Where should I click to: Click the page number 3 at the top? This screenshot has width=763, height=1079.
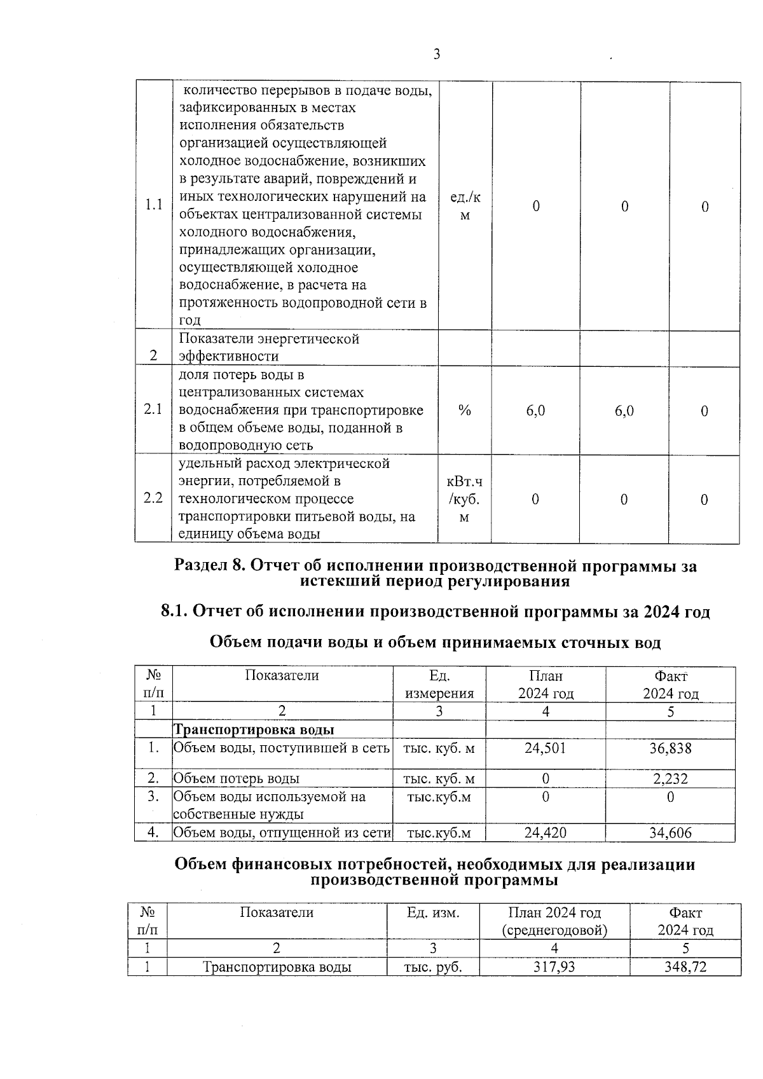[x=437, y=55]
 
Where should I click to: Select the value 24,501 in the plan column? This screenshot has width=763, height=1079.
[x=545, y=748]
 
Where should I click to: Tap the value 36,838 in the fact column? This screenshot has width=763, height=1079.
[x=670, y=748]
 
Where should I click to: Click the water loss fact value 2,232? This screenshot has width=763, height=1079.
[x=670, y=779]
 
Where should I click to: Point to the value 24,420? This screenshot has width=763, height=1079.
[x=545, y=832]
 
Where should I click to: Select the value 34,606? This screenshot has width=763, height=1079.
[x=670, y=832]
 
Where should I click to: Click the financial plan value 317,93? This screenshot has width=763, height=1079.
[x=554, y=967]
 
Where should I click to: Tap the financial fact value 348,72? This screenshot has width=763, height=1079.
[x=685, y=967]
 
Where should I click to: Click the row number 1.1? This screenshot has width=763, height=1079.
[x=153, y=205]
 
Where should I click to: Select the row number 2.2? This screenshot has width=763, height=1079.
[x=153, y=498]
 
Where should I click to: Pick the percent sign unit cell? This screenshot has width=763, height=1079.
[x=464, y=411]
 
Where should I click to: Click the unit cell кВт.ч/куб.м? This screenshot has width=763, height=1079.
[x=464, y=499]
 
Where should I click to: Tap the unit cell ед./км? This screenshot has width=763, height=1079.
[x=465, y=206]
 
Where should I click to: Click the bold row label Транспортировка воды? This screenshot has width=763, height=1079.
[x=254, y=730]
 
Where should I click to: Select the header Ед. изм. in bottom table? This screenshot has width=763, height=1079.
[x=433, y=913]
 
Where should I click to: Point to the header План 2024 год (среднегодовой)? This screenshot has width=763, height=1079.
[x=554, y=921]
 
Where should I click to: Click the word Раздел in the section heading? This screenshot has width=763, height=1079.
[x=202, y=565]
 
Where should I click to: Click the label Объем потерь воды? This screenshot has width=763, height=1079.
[x=237, y=779]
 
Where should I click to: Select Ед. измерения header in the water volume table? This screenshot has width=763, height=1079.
[x=439, y=684]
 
